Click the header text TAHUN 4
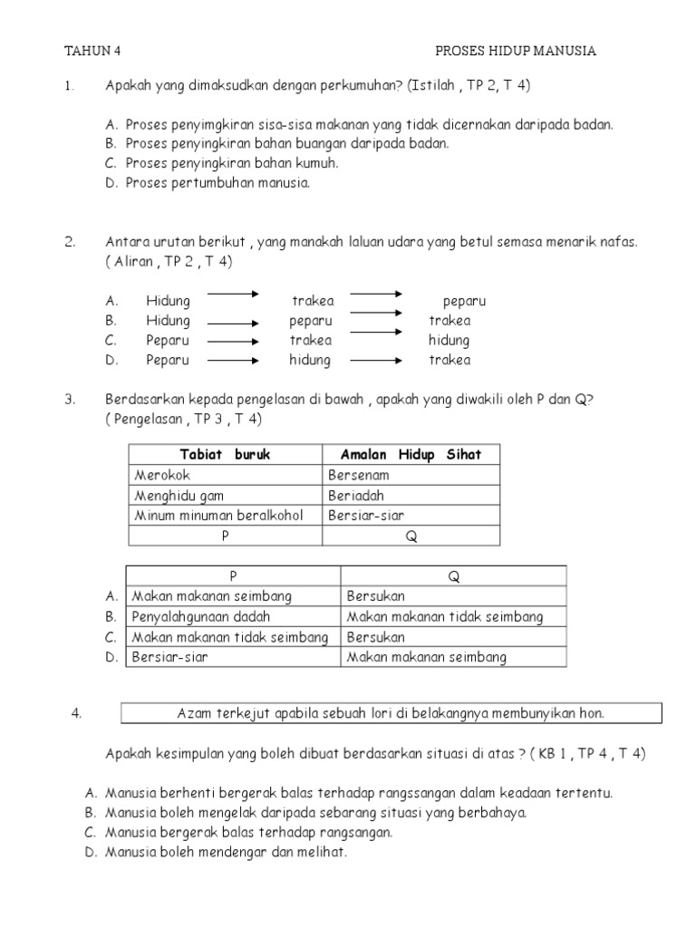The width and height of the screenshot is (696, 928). (x=92, y=51)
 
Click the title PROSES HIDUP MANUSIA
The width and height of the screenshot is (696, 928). (x=516, y=51)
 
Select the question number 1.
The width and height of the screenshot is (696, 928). (x=68, y=87)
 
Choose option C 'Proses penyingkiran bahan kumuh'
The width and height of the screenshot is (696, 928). (x=232, y=163)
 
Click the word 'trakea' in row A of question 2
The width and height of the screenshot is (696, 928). (x=313, y=301)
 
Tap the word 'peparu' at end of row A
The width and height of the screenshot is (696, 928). (x=465, y=301)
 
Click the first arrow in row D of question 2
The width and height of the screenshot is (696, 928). (x=233, y=361)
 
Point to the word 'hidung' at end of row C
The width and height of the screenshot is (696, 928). (x=449, y=341)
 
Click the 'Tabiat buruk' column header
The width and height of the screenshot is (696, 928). (x=225, y=454)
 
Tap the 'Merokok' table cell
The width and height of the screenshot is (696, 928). (x=163, y=475)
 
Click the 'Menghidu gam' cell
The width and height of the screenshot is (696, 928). (x=179, y=495)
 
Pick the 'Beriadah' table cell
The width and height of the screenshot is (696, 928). (x=356, y=495)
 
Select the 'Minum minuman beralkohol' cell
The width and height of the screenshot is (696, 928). (x=217, y=515)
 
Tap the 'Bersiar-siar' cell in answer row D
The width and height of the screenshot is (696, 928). (x=169, y=656)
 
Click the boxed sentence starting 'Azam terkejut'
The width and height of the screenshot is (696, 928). (x=391, y=713)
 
